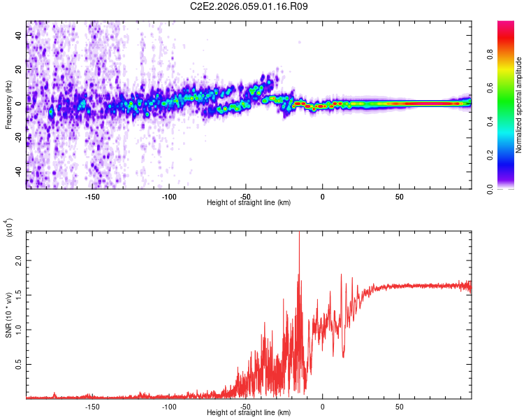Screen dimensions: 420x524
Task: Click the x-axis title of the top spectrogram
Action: click(x=249, y=203)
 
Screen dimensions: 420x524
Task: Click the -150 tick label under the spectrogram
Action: click(x=92, y=196)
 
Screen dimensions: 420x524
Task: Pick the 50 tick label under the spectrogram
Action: click(x=398, y=196)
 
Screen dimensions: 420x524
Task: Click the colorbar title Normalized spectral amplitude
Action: click(x=519, y=105)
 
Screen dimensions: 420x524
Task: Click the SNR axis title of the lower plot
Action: click(x=8, y=315)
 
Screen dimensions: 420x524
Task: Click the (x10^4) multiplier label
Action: click(x=9, y=227)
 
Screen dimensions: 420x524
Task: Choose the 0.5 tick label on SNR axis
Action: click(x=19, y=365)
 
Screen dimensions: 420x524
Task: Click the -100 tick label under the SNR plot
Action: click(x=169, y=406)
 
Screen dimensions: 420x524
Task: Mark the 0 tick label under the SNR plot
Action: click(x=322, y=406)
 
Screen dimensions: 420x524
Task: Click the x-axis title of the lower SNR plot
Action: click(x=249, y=413)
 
